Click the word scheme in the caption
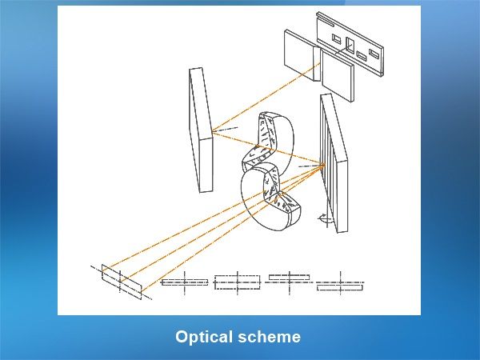(269, 337)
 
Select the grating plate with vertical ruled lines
(334, 163)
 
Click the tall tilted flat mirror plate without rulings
(201, 130)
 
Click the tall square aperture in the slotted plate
(350, 45)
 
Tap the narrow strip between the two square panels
(317, 64)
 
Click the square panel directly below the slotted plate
(338, 76)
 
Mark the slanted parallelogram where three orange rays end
(122, 282)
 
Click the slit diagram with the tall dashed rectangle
(238, 282)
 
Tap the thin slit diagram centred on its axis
(185, 282)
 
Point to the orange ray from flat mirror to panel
(266, 98)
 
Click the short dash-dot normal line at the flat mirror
(226, 130)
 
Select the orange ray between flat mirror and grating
(268, 149)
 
